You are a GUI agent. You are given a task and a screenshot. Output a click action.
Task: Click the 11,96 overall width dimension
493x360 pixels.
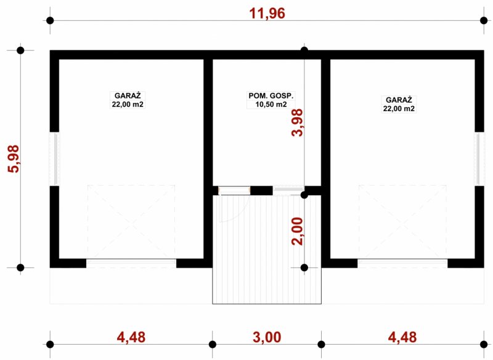267,13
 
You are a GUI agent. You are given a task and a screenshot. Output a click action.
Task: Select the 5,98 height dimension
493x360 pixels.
14,159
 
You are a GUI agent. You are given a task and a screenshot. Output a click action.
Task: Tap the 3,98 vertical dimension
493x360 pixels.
298,122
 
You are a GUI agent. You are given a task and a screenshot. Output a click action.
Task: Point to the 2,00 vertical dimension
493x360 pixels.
298,231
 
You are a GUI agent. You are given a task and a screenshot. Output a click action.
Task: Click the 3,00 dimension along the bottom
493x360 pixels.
267,337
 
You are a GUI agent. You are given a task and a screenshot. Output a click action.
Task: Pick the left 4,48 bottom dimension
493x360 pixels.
131,337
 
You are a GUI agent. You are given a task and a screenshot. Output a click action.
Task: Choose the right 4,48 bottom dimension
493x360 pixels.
402,337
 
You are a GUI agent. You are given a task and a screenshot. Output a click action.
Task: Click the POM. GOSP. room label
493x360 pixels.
271,96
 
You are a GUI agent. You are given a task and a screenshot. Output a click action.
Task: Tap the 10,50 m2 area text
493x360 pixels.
271,104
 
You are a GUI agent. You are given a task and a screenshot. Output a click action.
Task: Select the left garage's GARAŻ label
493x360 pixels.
128,96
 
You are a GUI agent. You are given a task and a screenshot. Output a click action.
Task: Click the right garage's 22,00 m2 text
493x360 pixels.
399,108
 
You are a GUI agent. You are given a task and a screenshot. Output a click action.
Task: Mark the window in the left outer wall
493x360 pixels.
55,159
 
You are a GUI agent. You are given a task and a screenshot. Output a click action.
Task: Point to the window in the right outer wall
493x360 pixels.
479,159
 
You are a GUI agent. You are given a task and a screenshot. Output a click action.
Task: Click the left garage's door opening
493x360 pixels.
131,263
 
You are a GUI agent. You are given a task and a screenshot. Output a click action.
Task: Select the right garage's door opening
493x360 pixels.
402,263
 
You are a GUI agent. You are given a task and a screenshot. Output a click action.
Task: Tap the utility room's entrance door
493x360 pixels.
234,190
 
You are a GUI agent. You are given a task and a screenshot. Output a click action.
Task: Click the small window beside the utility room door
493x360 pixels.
288,190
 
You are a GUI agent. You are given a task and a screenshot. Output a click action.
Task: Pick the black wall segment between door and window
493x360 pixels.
261,190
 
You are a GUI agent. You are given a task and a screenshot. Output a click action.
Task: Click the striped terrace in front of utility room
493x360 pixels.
267,249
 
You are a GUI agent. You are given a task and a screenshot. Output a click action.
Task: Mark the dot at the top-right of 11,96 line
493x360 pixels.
484,21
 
